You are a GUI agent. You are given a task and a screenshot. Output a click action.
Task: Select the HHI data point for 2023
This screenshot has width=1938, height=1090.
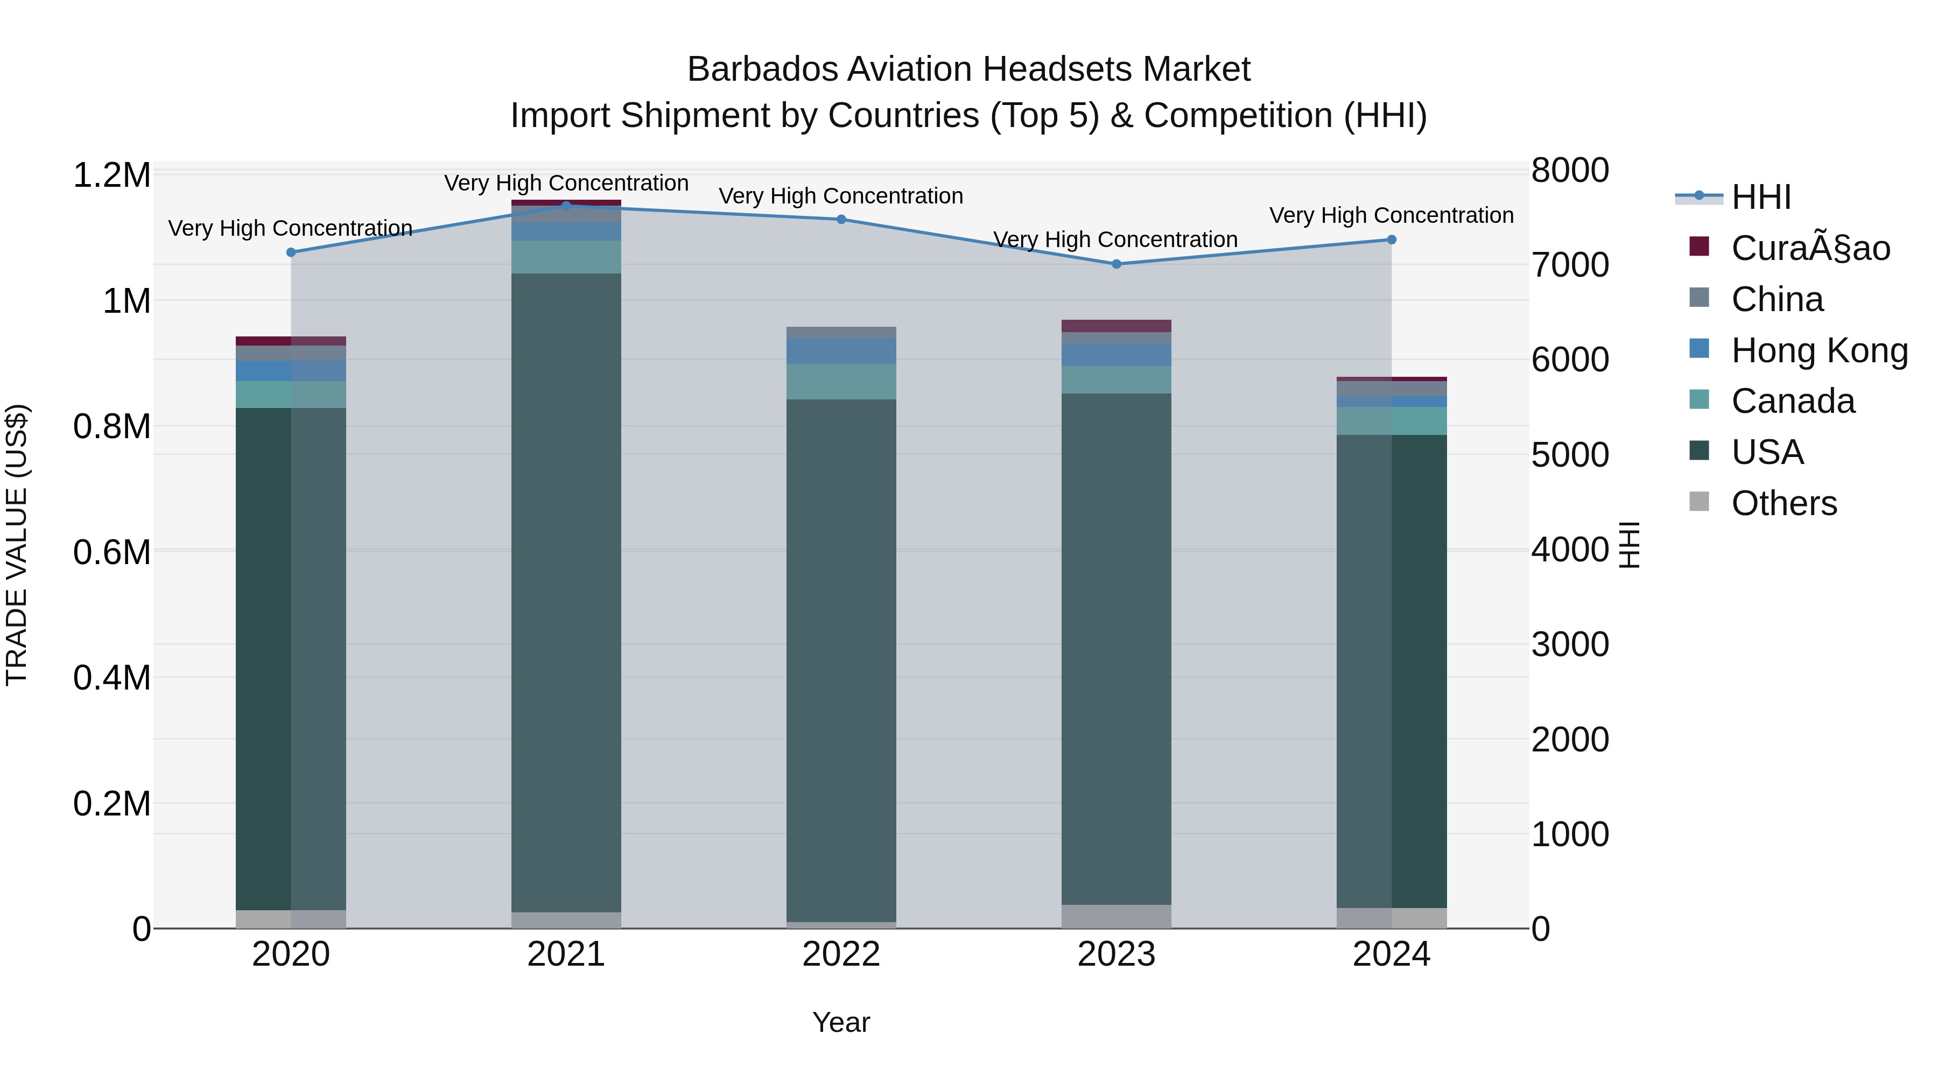1117,264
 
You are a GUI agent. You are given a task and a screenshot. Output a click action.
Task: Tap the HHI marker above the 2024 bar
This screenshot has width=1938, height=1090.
1391,240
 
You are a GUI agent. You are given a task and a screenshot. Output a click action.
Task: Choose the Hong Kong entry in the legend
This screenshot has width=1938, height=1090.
1818,350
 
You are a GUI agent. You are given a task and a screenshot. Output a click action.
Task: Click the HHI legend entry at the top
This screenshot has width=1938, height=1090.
1760,197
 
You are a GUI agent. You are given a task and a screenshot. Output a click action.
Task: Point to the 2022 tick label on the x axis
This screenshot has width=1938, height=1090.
841,954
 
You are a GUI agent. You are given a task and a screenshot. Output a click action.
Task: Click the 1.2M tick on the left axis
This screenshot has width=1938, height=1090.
111,175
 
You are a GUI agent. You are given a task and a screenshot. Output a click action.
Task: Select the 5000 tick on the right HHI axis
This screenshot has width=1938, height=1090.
1570,455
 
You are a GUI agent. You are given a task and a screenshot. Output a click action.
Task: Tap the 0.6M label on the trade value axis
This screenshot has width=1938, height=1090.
111,552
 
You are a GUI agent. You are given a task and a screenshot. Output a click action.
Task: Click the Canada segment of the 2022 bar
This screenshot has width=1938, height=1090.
841,382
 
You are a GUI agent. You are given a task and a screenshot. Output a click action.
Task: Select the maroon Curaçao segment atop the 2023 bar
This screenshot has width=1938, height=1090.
1117,326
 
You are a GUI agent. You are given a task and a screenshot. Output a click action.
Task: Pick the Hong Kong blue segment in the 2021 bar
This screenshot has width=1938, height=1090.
566,231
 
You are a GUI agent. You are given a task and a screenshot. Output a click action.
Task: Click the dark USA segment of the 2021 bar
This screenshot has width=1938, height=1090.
566,587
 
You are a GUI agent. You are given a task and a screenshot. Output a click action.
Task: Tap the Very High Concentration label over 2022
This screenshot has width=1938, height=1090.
840,196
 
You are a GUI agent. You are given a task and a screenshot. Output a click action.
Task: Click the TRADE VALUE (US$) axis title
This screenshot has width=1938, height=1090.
17,545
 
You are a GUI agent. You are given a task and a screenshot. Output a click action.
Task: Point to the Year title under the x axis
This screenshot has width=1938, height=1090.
841,1022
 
